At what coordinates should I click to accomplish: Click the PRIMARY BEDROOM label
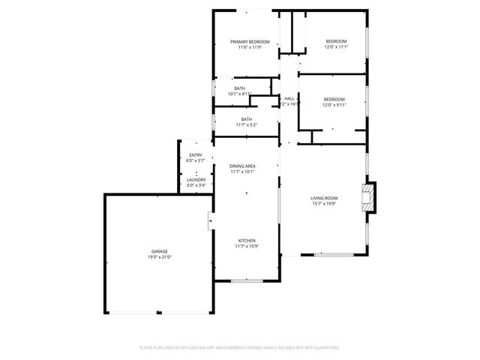245,41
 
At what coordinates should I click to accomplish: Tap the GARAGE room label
159,251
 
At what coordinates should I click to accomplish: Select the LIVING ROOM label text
325,198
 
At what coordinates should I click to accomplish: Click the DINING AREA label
242,166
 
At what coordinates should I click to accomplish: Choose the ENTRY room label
195,155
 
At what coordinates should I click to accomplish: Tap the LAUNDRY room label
196,180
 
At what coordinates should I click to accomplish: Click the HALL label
289,99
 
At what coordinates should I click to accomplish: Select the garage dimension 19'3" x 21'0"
159,257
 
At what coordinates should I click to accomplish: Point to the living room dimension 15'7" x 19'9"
325,204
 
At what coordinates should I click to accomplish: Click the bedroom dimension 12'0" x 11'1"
336,47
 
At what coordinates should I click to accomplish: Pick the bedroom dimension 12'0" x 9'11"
334,106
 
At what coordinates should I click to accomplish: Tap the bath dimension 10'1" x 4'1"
239,94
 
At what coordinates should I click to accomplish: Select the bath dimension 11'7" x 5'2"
246,125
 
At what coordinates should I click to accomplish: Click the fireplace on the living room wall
367,197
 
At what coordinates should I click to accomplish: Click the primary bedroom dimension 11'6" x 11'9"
245,47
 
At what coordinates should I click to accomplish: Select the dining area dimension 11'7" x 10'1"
242,172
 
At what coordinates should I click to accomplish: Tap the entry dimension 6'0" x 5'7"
195,161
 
